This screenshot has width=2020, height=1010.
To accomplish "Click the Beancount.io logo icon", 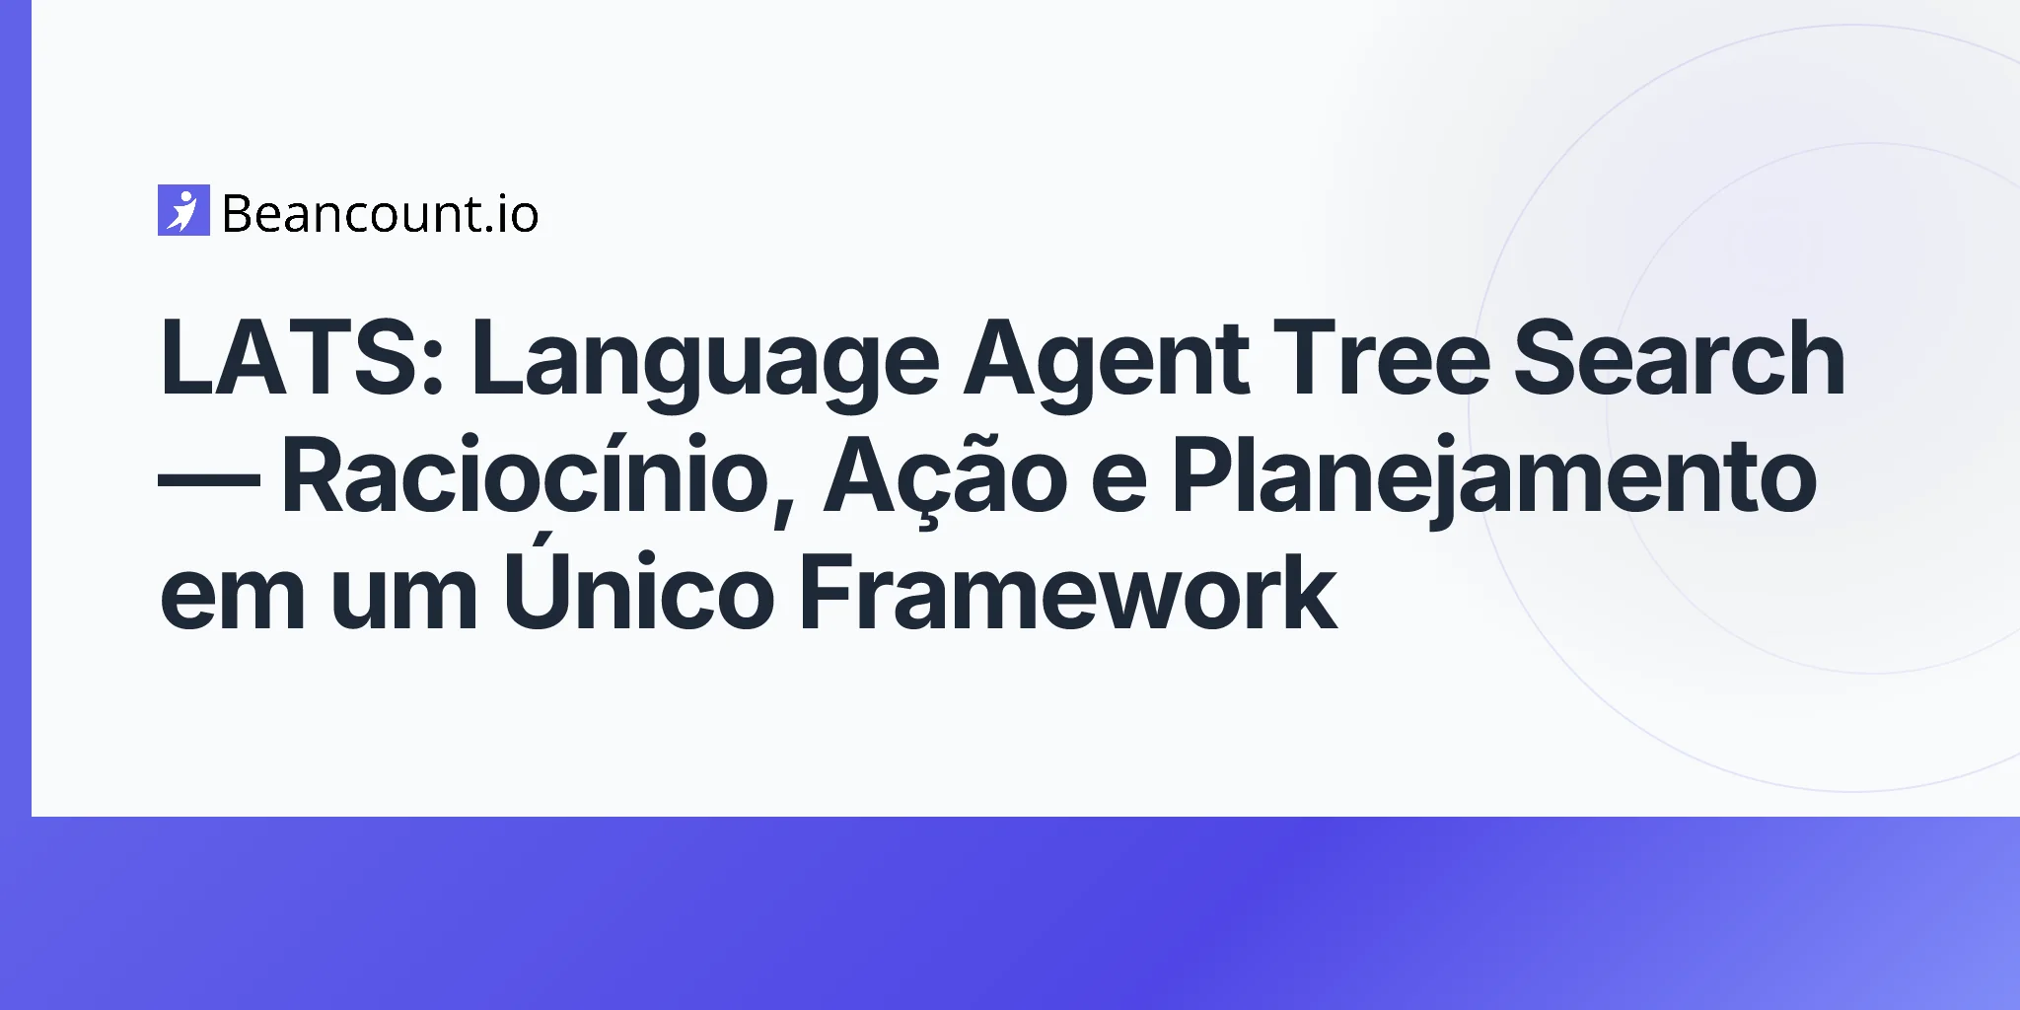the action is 183,210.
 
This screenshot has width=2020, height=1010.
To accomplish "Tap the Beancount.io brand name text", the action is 381,213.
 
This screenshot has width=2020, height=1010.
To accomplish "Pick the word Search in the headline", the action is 1680,359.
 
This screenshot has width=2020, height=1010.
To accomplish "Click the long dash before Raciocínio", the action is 209,476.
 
